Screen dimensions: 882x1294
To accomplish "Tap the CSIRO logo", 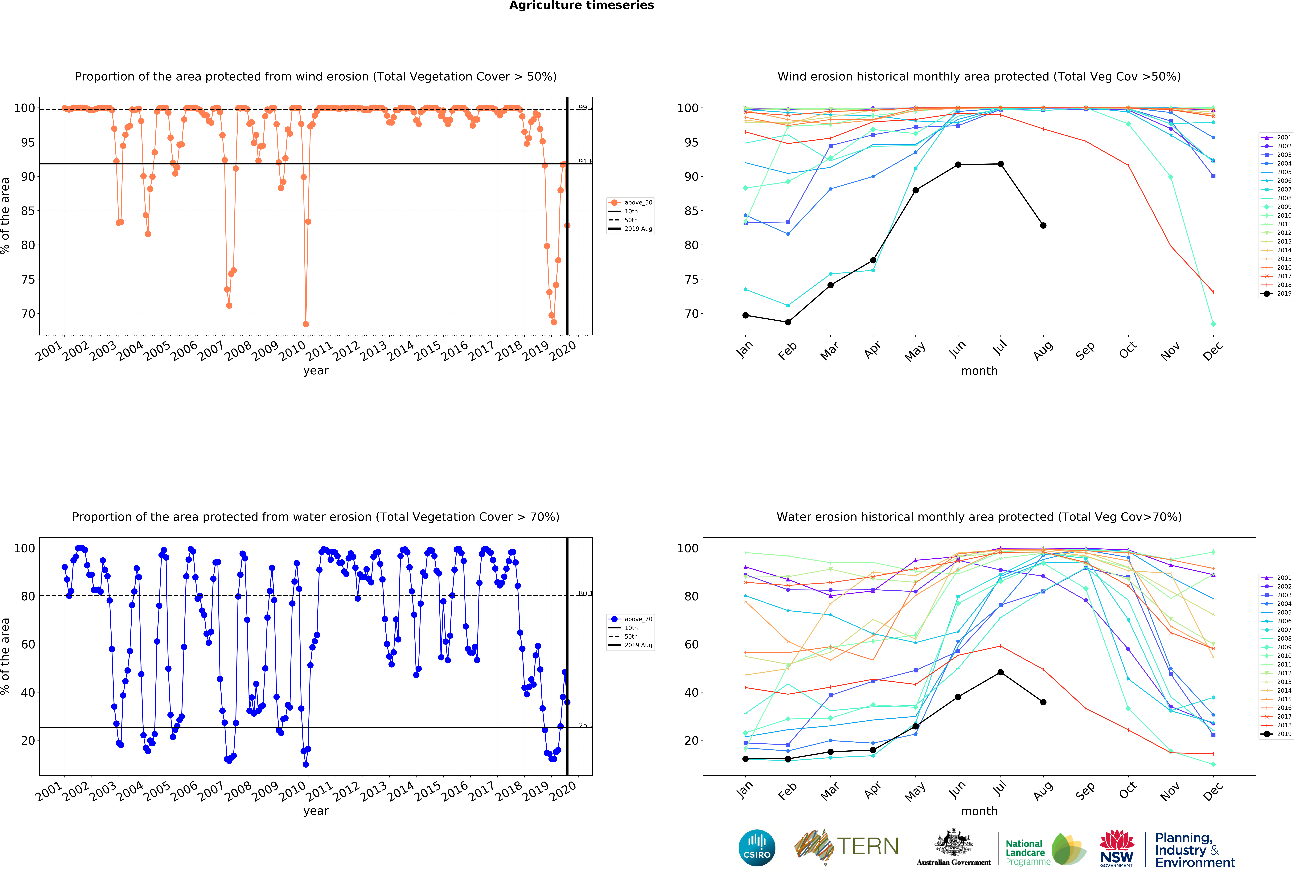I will (x=757, y=847).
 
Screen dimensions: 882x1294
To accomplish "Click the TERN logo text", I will (x=868, y=846).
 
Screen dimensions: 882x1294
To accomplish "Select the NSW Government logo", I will (x=1116, y=849).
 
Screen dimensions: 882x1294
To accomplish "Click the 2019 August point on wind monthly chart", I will (x=1043, y=226).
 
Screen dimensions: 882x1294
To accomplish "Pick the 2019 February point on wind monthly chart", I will (x=788, y=322).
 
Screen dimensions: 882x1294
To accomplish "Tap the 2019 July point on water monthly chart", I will (x=1001, y=672).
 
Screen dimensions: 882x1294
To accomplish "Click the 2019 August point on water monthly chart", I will (x=1043, y=702).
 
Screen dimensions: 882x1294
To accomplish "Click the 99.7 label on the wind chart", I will (x=585, y=107).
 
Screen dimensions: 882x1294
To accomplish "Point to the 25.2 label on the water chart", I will (x=585, y=725).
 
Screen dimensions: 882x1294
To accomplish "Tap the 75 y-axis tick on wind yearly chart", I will (x=28, y=280).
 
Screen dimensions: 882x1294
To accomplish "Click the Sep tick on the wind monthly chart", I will (x=1085, y=351).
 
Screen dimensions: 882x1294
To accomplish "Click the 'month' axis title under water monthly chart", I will (x=979, y=811).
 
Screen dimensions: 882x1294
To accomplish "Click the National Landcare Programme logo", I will (x=1045, y=852).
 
